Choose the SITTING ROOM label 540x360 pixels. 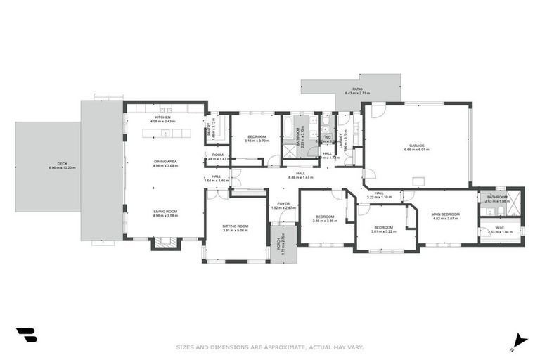(x=236, y=226)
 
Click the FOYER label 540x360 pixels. (x=284, y=204)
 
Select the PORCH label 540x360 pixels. (x=279, y=243)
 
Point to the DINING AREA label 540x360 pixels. (x=165, y=162)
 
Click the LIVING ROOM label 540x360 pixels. (x=165, y=212)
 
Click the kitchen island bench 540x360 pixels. (x=166, y=132)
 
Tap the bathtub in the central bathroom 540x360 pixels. (x=289, y=127)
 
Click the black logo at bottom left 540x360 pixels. (x=26, y=336)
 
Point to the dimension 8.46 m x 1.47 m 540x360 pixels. (x=300, y=178)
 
